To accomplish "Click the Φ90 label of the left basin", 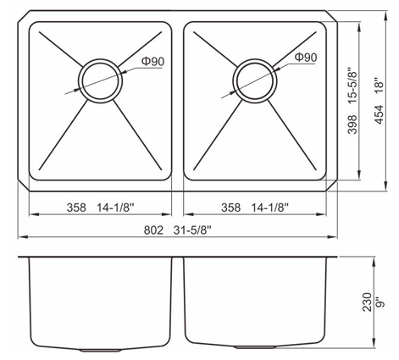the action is (152, 61).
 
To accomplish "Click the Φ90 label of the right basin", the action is (306, 58).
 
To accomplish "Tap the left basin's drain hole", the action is (100, 81).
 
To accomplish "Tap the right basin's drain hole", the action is (255, 81).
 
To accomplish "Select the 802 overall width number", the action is (153, 230).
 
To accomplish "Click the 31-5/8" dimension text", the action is (192, 230).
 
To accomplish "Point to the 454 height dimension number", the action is (380, 114).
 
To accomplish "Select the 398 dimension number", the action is (352, 125).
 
